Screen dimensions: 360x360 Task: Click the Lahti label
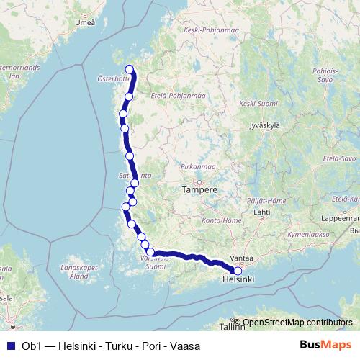click(x=261, y=212)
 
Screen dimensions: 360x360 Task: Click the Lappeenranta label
click(x=338, y=216)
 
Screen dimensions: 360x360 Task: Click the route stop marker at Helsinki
click(x=238, y=271)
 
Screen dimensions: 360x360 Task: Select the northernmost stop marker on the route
click(x=130, y=69)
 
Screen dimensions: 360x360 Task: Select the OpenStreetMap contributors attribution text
click(x=297, y=322)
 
